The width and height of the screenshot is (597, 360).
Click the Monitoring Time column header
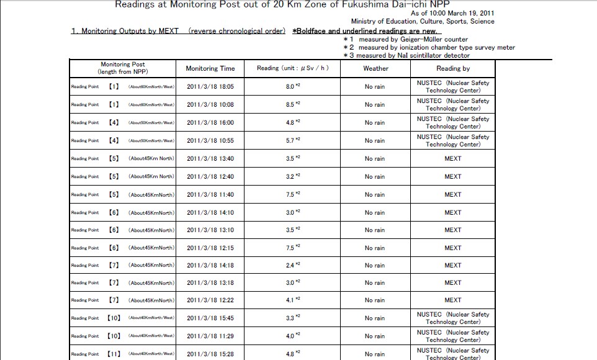click(210, 68)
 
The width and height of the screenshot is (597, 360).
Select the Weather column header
click(375, 68)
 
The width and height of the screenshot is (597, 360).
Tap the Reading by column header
click(453, 68)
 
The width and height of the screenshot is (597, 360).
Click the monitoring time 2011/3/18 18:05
click(210, 87)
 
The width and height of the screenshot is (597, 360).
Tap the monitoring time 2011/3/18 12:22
click(210, 300)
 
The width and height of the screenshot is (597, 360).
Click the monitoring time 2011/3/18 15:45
click(210, 318)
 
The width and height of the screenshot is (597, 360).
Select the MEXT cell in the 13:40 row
click(453, 158)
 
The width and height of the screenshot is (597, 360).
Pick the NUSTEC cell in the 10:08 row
click(453, 104)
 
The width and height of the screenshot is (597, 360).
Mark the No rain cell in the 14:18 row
click(375, 265)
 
